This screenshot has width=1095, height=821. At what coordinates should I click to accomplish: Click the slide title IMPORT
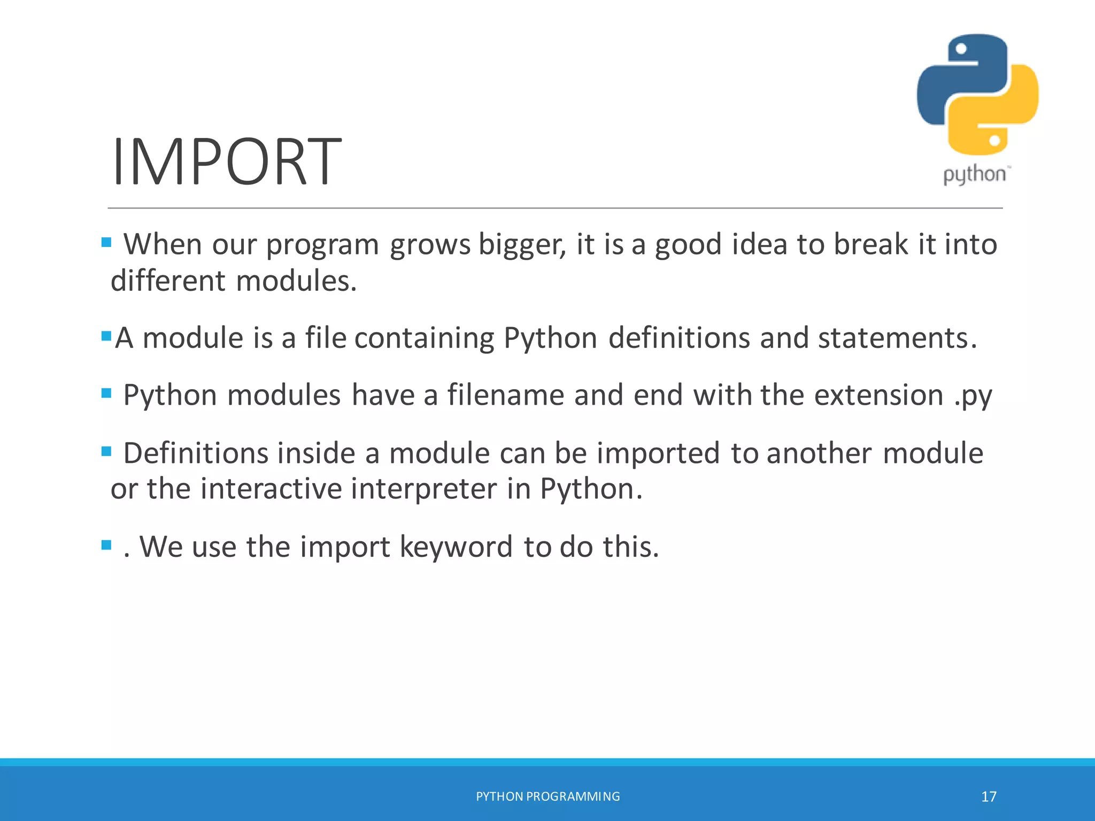pyautogui.click(x=226, y=161)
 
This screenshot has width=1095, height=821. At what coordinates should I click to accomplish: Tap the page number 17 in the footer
pyautogui.click(x=989, y=797)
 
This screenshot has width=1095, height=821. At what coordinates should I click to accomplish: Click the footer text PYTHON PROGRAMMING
pyautogui.click(x=547, y=796)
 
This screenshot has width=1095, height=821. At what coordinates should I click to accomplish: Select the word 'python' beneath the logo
pyautogui.click(x=975, y=175)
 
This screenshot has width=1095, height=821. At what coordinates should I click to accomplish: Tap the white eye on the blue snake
pyautogui.click(x=961, y=49)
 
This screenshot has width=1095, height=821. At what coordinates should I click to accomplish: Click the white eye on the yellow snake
pyautogui.click(x=994, y=141)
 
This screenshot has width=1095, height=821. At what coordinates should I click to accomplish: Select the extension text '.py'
pyautogui.click(x=973, y=396)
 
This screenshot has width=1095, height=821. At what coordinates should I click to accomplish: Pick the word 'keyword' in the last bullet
pyautogui.click(x=456, y=547)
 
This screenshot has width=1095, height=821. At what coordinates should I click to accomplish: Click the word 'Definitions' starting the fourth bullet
pyautogui.click(x=195, y=453)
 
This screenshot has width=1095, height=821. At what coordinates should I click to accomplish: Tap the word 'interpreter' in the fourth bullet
pyautogui.click(x=423, y=489)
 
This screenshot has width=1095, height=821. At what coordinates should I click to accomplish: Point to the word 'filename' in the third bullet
pyautogui.click(x=505, y=396)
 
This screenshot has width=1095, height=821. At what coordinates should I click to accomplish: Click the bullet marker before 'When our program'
pyautogui.click(x=106, y=243)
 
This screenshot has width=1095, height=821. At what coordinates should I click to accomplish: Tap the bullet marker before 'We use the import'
pyautogui.click(x=106, y=545)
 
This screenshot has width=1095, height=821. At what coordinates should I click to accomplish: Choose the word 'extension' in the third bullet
pyautogui.click(x=878, y=396)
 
